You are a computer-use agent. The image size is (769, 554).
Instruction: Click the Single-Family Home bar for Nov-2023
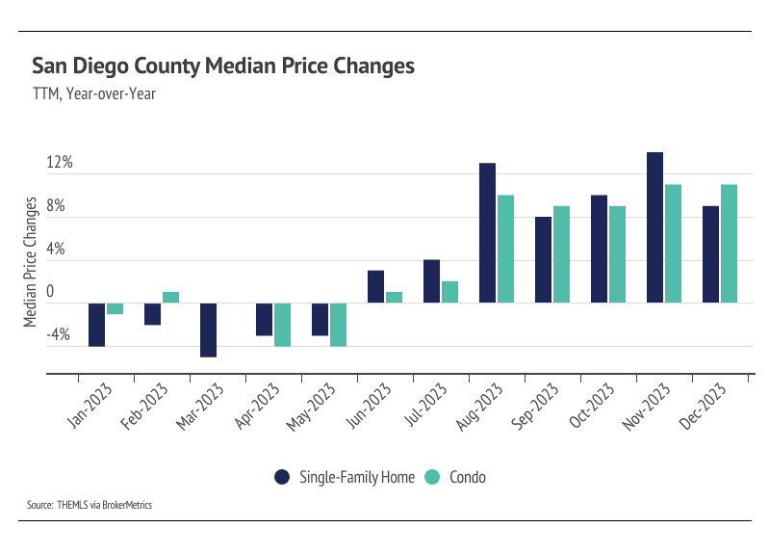coord(654,227)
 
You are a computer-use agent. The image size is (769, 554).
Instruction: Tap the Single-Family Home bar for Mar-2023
coord(208,330)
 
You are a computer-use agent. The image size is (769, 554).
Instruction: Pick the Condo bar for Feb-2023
coord(170,298)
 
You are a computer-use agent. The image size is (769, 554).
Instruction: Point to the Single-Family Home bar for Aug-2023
coord(487,233)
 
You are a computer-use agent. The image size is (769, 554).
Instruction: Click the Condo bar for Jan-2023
coord(115,308)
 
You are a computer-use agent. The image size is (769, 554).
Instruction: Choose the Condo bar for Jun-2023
coord(394,298)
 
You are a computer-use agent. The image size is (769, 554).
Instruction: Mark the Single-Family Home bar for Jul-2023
coord(431,281)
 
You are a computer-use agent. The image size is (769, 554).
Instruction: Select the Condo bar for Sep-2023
coord(561,254)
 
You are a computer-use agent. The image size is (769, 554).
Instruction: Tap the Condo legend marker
coord(432,477)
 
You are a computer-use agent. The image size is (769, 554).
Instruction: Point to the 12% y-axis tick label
coord(60,162)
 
